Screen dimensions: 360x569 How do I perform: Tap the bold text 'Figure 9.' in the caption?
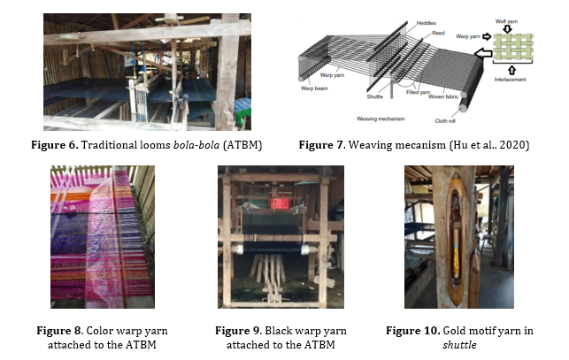(x=242, y=330)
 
